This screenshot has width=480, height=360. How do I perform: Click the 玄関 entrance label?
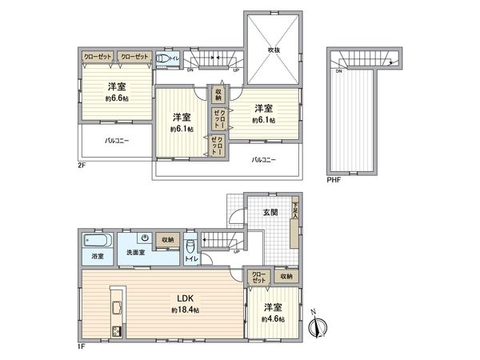point(270,212)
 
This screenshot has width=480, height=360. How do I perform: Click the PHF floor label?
point(334,180)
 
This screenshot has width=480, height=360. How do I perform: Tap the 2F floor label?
point(82,165)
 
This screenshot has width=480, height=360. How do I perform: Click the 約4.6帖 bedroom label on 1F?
point(271,312)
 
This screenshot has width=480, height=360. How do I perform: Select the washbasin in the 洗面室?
point(143,238)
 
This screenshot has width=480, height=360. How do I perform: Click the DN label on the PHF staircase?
point(339,72)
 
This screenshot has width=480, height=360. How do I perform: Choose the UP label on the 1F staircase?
point(237,250)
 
